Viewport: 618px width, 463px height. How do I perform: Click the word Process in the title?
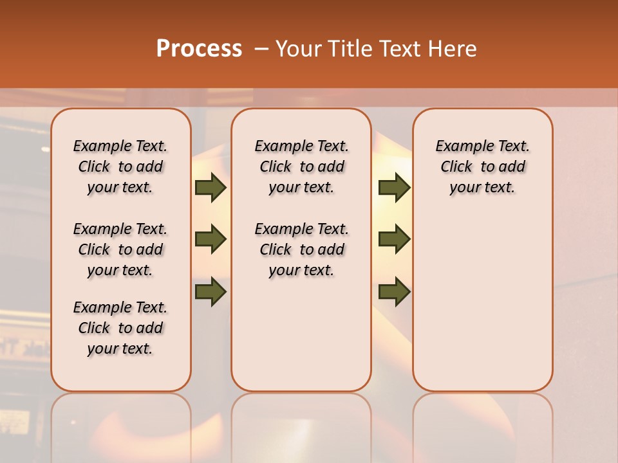pos(199,49)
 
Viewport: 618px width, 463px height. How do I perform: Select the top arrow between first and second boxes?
pos(211,188)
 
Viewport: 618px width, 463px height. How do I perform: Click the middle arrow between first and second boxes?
pos(211,239)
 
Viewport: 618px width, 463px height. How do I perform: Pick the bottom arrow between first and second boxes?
pos(211,291)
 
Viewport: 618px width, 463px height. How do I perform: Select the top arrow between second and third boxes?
pos(394,188)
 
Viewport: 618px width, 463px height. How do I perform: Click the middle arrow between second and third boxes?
pos(394,239)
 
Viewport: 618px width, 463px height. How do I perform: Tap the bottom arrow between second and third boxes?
pos(394,291)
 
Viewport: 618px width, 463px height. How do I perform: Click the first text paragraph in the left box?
pos(120,167)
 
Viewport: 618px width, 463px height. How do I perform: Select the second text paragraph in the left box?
pos(120,250)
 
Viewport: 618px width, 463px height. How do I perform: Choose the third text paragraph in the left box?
pos(120,328)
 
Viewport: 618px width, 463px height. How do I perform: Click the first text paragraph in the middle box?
pos(302,167)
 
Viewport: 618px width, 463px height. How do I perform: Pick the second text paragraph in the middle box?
pos(302,250)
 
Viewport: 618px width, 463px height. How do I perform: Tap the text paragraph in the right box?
pos(483,167)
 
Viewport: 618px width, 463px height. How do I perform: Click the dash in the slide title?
pos(260,49)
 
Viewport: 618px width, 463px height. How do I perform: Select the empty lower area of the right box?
pos(483,302)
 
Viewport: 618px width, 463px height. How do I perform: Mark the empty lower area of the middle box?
pos(301,334)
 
